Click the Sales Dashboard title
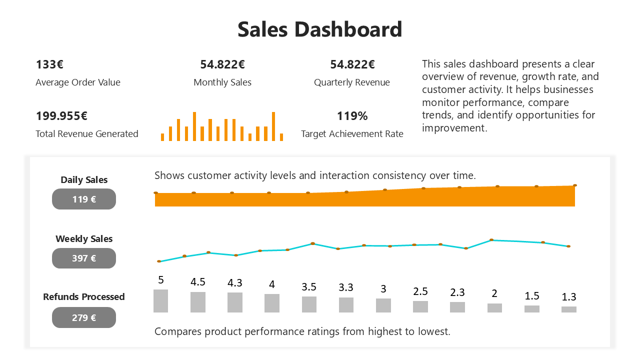[x=319, y=29]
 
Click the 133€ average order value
[x=49, y=64]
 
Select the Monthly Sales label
[x=222, y=82]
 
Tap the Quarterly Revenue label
[x=351, y=82]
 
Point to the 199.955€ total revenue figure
[x=61, y=116]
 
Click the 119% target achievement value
[x=352, y=116]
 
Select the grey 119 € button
[x=84, y=199]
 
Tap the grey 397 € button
[x=84, y=258]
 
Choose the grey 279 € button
[x=84, y=317]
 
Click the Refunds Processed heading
[x=84, y=296]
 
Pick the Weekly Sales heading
[x=84, y=238]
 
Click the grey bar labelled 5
[x=160, y=301]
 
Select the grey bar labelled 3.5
[x=309, y=304]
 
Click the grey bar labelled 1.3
[x=568, y=309]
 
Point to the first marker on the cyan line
[x=159, y=261]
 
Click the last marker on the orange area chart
[x=575, y=185]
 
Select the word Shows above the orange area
[x=169, y=175]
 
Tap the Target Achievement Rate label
[x=352, y=134]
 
